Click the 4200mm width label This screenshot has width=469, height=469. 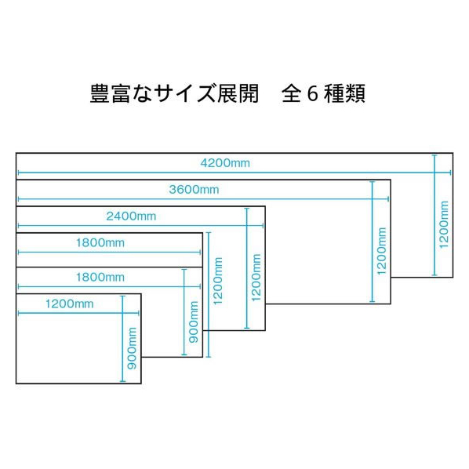tap(225, 163)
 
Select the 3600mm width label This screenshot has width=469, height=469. tap(194, 189)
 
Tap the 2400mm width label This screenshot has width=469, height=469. tap(131, 216)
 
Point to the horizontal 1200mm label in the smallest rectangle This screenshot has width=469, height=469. tap(69, 304)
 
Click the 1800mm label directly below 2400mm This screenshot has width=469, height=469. tap(100, 242)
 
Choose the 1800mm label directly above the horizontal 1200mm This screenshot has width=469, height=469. tap(100, 278)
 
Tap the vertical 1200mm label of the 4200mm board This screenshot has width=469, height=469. tap(444, 224)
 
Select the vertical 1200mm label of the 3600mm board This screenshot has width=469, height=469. tap(382, 251)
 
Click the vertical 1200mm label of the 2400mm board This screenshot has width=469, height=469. tap(256, 278)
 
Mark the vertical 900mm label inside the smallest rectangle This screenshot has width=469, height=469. tap(132, 348)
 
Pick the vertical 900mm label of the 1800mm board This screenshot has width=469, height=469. tap(194, 322)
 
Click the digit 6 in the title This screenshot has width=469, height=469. tap(312, 93)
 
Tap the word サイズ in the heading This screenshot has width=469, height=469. tap(185, 93)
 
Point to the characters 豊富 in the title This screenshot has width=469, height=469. tap(110, 93)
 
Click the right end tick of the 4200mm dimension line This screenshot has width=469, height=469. tap(450, 173)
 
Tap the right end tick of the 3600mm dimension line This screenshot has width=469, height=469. tap(388, 199)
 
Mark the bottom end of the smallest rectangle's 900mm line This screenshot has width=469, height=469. tap(122, 381)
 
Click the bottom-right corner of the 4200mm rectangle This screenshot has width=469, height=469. tap(453, 278)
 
